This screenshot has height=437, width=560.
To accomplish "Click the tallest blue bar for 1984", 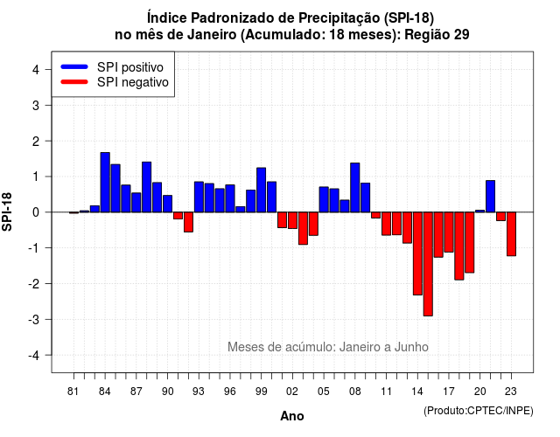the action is [105, 183].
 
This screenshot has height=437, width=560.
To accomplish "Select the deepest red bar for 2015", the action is [428, 264].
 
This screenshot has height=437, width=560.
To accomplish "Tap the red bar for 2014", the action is [417, 253].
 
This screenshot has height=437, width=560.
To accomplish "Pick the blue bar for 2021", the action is [490, 196].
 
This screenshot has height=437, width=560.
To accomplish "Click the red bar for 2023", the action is [511, 234].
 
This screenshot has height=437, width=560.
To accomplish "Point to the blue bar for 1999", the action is [261, 190].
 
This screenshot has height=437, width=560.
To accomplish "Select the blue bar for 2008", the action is [355, 188].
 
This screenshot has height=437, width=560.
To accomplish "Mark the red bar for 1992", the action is [189, 222].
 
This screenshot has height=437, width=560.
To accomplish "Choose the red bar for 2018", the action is [458, 246].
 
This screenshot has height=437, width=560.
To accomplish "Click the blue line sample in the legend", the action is [74, 66].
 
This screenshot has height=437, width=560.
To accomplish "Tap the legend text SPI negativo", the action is [132, 82].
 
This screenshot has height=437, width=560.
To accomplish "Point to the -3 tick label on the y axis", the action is [35, 319].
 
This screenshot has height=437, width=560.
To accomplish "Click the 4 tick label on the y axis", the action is [36, 69].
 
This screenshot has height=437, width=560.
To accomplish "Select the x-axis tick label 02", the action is [291, 392].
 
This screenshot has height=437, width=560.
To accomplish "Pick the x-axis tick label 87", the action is [136, 392].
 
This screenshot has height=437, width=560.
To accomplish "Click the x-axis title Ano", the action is [292, 416].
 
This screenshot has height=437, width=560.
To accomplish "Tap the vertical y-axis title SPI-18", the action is [7, 212].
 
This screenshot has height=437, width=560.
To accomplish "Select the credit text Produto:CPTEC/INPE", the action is [479, 411].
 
